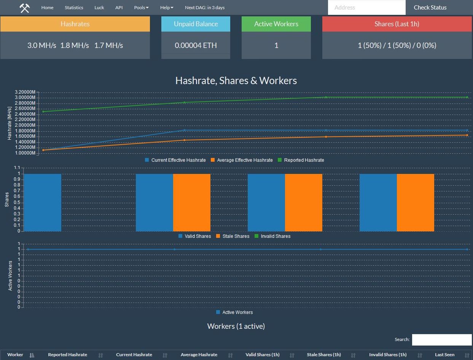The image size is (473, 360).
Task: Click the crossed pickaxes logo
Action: click(x=25, y=8)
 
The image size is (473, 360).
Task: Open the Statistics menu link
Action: click(x=74, y=8)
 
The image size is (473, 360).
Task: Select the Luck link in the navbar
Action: click(x=99, y=8)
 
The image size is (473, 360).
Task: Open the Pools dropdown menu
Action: click(x=141, y=8)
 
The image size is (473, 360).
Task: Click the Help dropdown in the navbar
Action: click(x=167, y=8)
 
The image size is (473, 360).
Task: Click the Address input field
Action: click(x=366, y=8)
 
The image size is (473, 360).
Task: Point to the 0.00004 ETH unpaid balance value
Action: click(x=196, y=45)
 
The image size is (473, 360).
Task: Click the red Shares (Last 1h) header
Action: click(x=397, y=24)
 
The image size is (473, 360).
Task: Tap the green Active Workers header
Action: click(x=276, y=24)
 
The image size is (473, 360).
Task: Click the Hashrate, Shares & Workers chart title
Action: click(x=236, y=81)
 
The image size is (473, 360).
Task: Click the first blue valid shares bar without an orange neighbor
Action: click(x=42, y=202)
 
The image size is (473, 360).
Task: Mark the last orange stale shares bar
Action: click(x=415, y=202)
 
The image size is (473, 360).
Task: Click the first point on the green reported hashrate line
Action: click(x=43, y=112)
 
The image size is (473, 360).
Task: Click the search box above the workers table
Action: click(x=441, y=339)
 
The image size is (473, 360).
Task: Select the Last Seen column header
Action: click(x=444, y=355)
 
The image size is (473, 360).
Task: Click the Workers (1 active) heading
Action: click(x=236, y=326)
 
